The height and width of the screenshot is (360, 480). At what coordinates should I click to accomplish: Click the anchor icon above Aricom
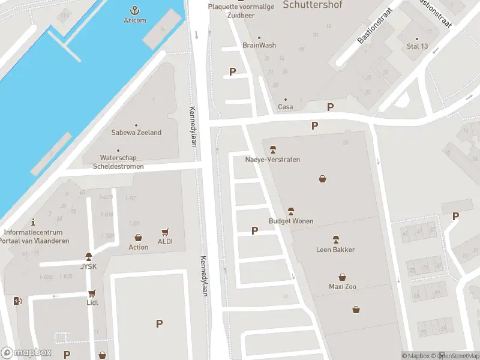point(135,10)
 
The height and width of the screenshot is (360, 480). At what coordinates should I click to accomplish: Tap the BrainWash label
point(259,45)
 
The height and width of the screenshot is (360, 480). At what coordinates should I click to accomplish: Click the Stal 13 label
point(417,46)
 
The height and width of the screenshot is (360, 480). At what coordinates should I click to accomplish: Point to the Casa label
point(286,107)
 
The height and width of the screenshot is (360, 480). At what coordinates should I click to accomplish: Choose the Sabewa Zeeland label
point(136,133)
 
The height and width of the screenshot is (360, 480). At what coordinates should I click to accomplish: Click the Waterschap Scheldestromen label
point(118,162)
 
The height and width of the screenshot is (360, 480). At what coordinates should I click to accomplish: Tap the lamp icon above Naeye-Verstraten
point(272,149)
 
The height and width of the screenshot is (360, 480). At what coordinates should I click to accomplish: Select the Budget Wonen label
point(291,221)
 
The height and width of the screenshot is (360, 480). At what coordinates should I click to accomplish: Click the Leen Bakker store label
point(335,250)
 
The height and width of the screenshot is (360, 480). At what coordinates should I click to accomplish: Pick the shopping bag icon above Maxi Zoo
point(342,277)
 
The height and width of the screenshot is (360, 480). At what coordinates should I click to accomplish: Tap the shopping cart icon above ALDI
point(166,232)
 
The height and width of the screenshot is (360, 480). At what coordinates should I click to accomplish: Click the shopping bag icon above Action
point(138,238)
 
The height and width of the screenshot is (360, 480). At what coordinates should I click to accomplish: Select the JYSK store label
point(89,266)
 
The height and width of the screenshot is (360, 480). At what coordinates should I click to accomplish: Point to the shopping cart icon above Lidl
point(92,293)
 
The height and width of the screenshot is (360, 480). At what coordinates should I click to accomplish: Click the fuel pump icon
point(18,300)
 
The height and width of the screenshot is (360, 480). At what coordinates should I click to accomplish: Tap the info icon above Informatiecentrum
point(33,221)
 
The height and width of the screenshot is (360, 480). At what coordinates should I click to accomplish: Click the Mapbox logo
point(26,353)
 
